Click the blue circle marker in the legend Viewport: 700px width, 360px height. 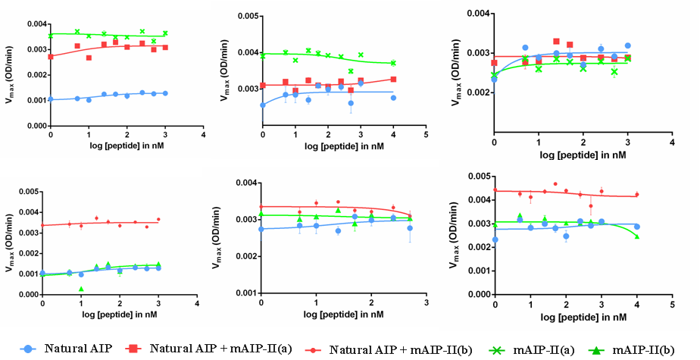tap(30, 349)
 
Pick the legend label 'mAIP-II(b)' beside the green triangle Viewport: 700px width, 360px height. tap(645, 349)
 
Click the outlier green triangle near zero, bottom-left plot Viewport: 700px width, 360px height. tap(81, 289)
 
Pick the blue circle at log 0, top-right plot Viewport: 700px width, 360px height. tap(494, 78)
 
